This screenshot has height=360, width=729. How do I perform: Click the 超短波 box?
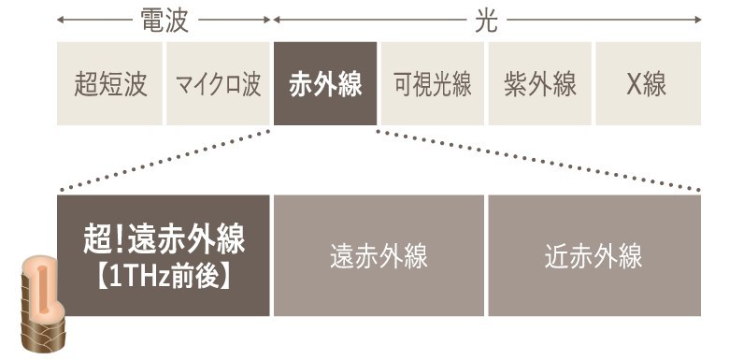coord(110,84)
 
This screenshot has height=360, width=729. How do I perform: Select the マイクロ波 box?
coord(218,84)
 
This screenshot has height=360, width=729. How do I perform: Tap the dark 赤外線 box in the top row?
coord(325,84)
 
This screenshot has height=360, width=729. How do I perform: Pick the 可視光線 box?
coord(432,84)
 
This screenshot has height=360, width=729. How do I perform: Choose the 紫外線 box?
coord(539,84)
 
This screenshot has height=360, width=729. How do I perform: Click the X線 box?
coord(648,84)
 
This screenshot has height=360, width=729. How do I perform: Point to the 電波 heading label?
coord(164,20)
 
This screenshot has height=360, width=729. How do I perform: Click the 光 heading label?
coord(487,20)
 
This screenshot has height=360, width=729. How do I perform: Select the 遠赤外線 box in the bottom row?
coord(379,255)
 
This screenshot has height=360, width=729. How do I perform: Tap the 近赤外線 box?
coord(593,255)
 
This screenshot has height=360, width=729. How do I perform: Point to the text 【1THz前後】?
coord(164,276)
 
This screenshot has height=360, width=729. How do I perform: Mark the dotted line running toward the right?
coord(537,160)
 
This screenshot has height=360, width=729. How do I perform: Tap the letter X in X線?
coord(635,84)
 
